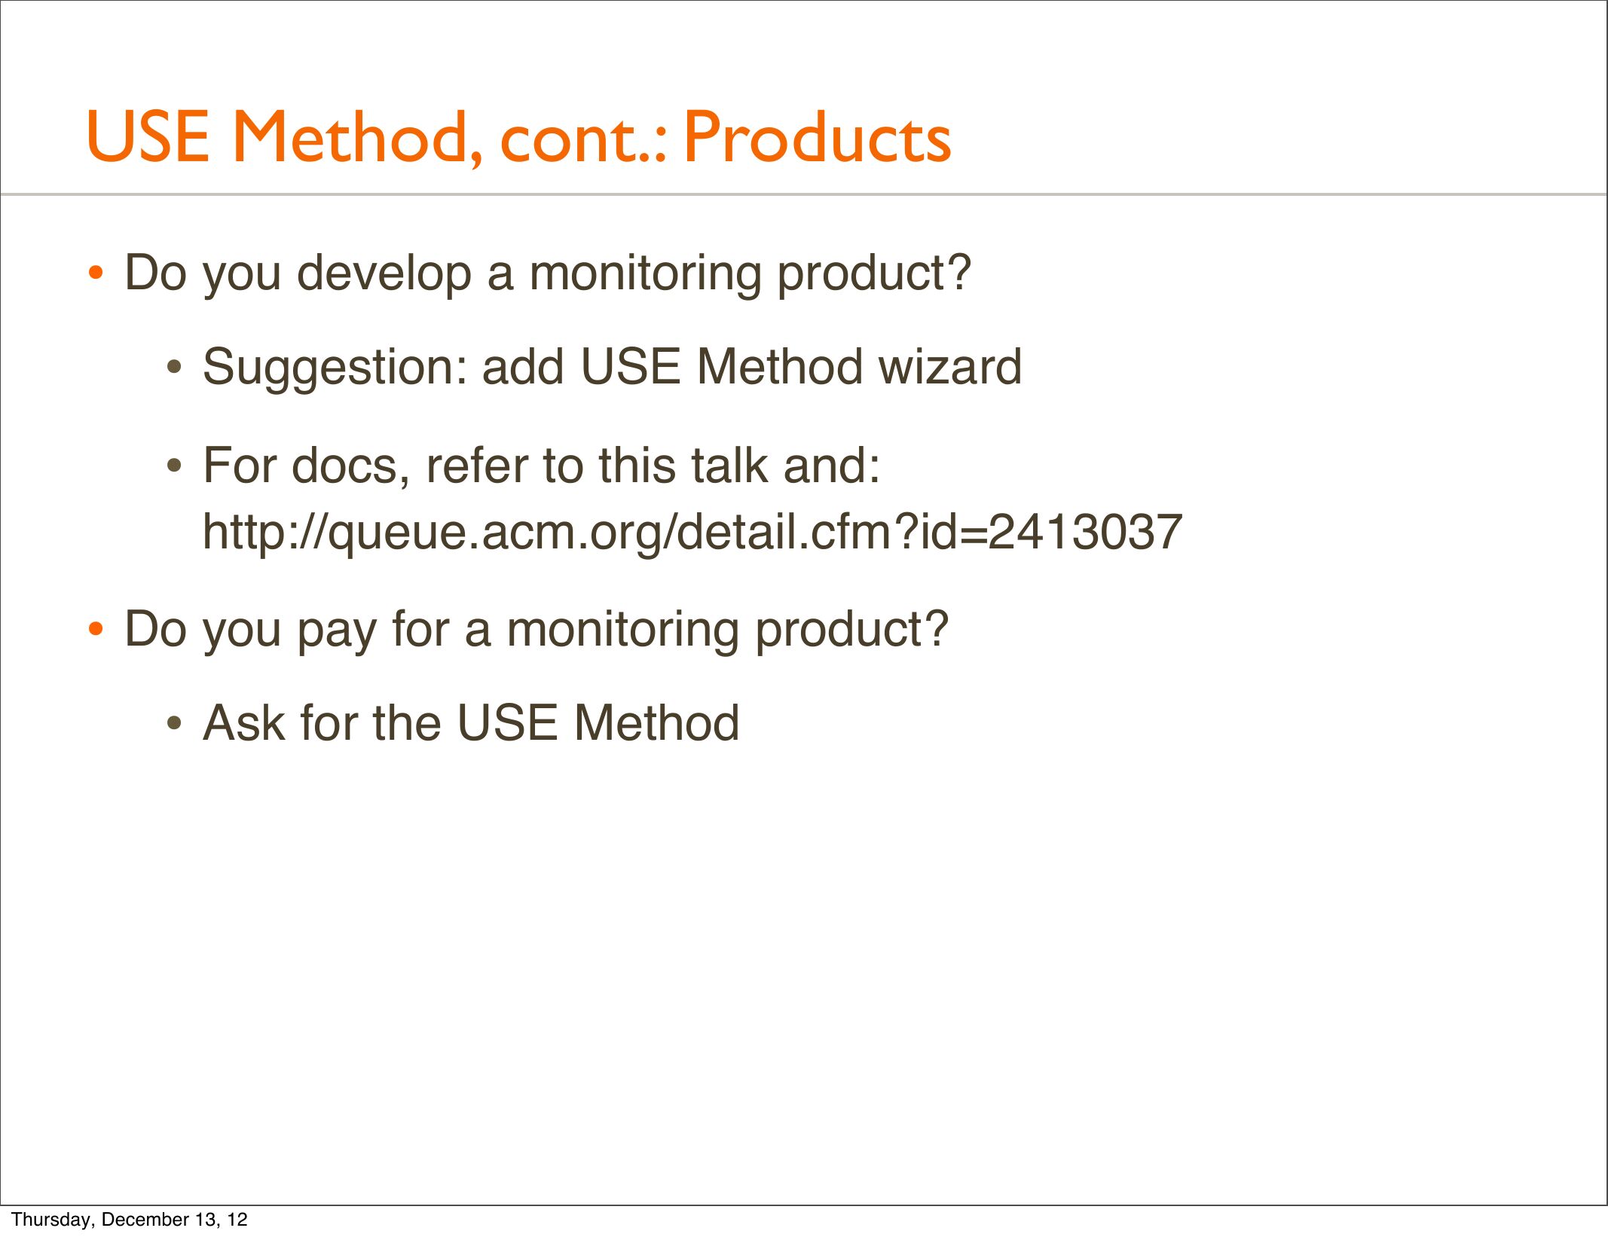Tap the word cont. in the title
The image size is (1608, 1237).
[583, 141]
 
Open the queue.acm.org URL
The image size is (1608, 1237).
[692, 532]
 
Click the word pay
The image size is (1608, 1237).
[337, 631]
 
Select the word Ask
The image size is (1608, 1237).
[245, 722]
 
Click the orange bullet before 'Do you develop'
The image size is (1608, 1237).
[96, 273]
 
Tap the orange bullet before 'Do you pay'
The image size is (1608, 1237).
[96, 629]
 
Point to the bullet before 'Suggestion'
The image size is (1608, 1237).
[175, 368]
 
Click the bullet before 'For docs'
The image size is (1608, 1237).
[175, 466]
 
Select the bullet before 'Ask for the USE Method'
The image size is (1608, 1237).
[175, 724]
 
